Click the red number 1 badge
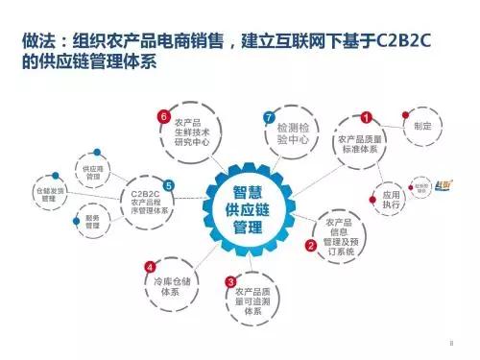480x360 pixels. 365,118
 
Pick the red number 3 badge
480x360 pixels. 230,281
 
